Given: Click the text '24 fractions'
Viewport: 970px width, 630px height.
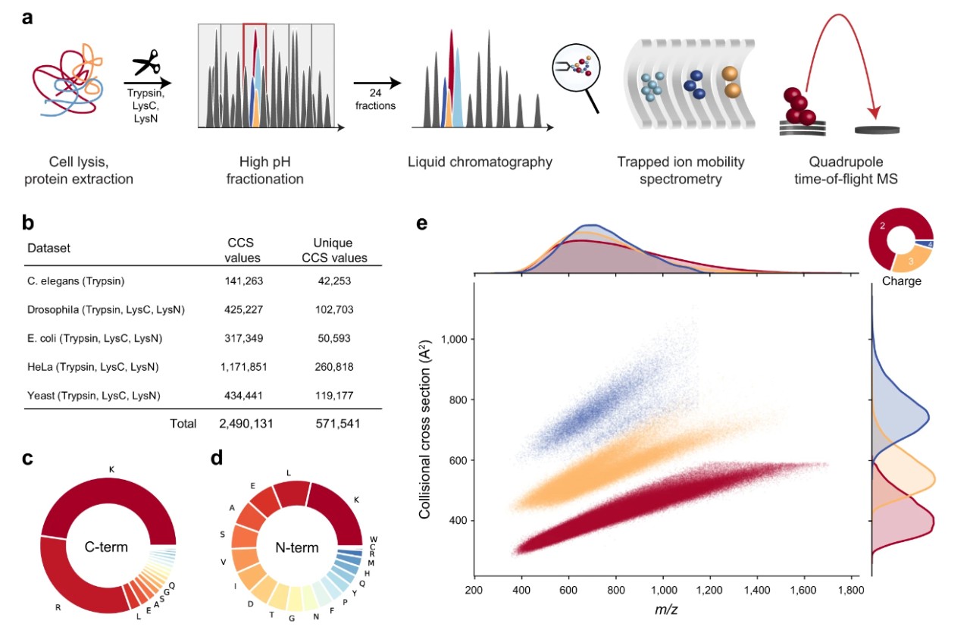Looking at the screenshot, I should point(375,100).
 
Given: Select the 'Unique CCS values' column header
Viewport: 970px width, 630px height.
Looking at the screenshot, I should point(333,250).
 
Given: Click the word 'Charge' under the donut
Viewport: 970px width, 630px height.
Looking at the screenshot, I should point(903,281).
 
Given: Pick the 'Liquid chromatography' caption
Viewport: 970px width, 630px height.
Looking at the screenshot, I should point(480,161).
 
